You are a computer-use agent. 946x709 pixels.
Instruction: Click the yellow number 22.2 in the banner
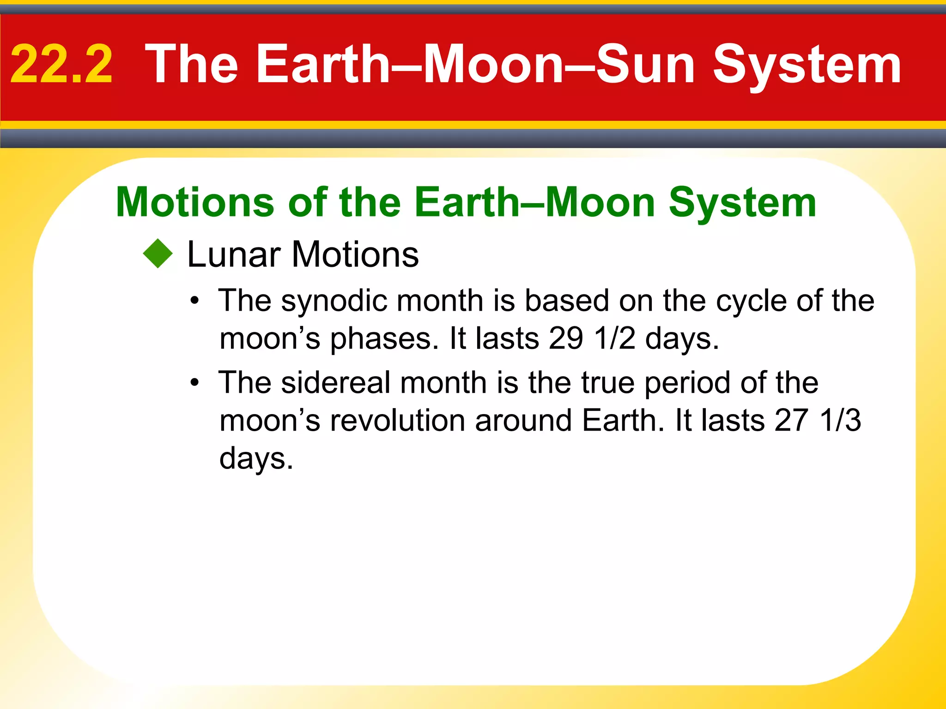tap(61, 65)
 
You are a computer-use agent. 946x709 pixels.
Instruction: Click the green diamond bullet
tap(158, 253)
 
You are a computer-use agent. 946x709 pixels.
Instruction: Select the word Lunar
tap(234, 254)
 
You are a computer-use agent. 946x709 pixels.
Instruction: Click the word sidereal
tap(337, 383)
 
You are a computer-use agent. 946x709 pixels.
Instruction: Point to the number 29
tap(566, 338)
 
